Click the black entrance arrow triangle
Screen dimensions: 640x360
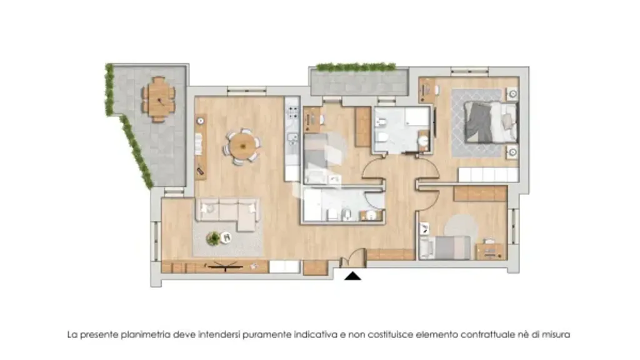tap(352, 276)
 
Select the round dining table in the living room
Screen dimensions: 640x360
tap(242, 146)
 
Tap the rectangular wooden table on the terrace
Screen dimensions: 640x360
tap(158, 99)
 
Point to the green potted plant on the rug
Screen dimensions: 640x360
tap(213, 238)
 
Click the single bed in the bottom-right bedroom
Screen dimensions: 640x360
tap(445, 247)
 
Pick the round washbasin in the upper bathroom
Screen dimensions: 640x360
tap(424, 141)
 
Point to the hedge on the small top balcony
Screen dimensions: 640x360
tap(356, 67)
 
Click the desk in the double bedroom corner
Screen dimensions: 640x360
tap(427, 90)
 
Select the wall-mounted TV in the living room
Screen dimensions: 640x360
tap(225, 267)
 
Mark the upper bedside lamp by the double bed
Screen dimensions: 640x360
tap(512, 94)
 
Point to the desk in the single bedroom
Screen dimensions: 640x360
tap(490, 251)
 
